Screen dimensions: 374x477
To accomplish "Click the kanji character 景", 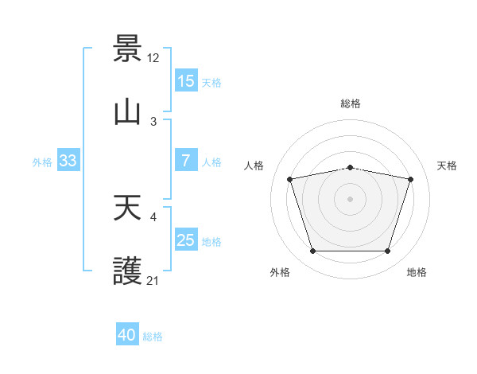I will click(x=127, y=49).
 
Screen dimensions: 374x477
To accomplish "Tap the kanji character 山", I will click(x=127, y=112).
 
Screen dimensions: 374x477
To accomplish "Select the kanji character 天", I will click(x=127, y=208).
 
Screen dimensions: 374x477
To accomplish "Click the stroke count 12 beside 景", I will click(x=154, y=57).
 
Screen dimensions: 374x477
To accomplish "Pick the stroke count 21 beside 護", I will click(x=153, y=280).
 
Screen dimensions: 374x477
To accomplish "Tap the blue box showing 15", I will click(x=186, y=80).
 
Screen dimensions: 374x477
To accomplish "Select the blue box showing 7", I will click(x=186, y=161).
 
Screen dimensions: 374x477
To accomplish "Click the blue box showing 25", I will click(x=186, y=240).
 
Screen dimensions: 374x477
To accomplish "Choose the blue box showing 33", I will click(x=68, y=161).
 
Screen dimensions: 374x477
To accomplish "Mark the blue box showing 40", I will click(x=127, y=336).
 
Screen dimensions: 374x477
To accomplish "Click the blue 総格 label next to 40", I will click(x=153, y=337).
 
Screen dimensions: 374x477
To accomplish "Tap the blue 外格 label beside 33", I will click(x=42, y=162).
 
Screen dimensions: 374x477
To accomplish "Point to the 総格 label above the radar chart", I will click(x=351, y=103).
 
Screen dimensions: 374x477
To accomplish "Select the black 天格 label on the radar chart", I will click(x=448, y=166).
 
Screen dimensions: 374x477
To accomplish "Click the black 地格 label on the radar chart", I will click(x=417, y=272).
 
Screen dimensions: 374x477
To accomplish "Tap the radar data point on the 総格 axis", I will click(x=351, y=167).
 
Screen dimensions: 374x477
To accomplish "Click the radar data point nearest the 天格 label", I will click(x=411, y=179).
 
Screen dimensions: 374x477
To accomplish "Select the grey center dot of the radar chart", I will click(x=351, y=199).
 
